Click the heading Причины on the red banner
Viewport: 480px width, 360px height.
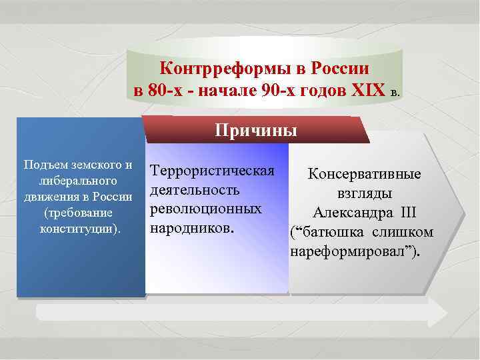pos(256,129)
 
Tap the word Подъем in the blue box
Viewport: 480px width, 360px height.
pos(46,165)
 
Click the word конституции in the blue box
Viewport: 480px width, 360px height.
pos(79,229)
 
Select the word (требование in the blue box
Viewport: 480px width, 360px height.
pos(79,213)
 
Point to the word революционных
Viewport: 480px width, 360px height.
pos(205,209)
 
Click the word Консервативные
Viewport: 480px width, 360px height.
pos(364,175)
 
